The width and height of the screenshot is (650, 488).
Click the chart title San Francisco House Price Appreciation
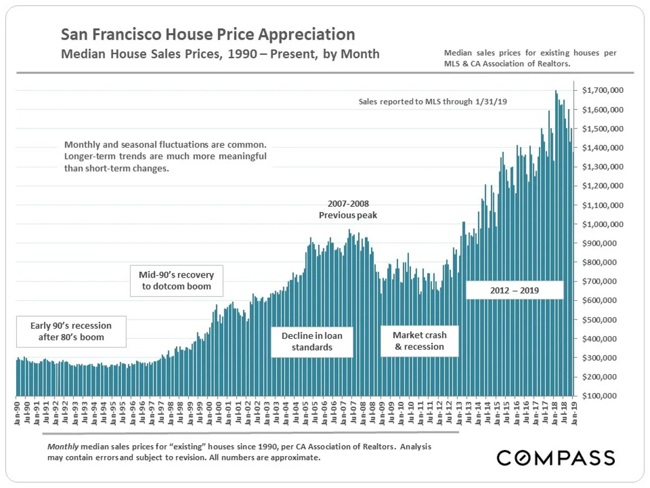[208, 35]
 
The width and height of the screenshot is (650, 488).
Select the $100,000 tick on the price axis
[603, 396]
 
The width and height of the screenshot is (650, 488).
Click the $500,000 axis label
[603, 319]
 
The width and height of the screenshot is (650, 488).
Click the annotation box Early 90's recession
[71, 331]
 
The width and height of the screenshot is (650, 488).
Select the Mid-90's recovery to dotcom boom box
[177, 280]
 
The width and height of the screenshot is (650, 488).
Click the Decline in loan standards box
[312, 342]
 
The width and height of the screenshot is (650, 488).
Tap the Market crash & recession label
[419, 341]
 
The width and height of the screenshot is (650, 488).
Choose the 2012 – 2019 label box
[515, 290]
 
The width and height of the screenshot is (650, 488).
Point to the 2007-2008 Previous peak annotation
[348, 209]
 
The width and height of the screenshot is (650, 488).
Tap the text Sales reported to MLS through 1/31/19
[432, 101]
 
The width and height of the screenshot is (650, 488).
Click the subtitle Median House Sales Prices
[220, 54]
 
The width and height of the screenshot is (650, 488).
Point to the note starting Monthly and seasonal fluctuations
[165, 157]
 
